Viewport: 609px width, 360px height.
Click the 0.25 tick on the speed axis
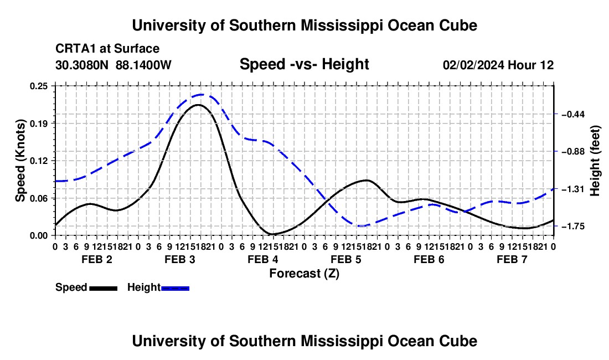point(39,86)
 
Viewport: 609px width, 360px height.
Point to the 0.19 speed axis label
point(39,124)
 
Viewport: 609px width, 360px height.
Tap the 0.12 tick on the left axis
point(39,161)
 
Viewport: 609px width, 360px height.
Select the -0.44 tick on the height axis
point(573,114)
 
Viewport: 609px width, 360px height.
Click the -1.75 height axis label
point(573,226)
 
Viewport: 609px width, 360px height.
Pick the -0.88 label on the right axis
point(573,151)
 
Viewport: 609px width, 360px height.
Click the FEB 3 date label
point(180,259)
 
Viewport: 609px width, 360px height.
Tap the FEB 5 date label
point(346,259)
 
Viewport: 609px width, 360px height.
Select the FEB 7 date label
point(512,259)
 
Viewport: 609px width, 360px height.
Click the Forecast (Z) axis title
point(304,274)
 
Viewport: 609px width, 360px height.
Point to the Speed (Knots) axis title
point(20,161)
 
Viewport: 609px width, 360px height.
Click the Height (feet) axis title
point(595,161)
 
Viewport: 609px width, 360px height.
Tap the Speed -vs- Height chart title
point(304,64)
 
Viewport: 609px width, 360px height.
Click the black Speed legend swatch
point(104,288)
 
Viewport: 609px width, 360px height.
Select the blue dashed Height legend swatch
point(175,288)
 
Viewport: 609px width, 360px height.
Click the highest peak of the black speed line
point(198,105)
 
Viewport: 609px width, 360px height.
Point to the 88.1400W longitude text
point(143,65)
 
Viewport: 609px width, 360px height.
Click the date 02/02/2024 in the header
point(474,65)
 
